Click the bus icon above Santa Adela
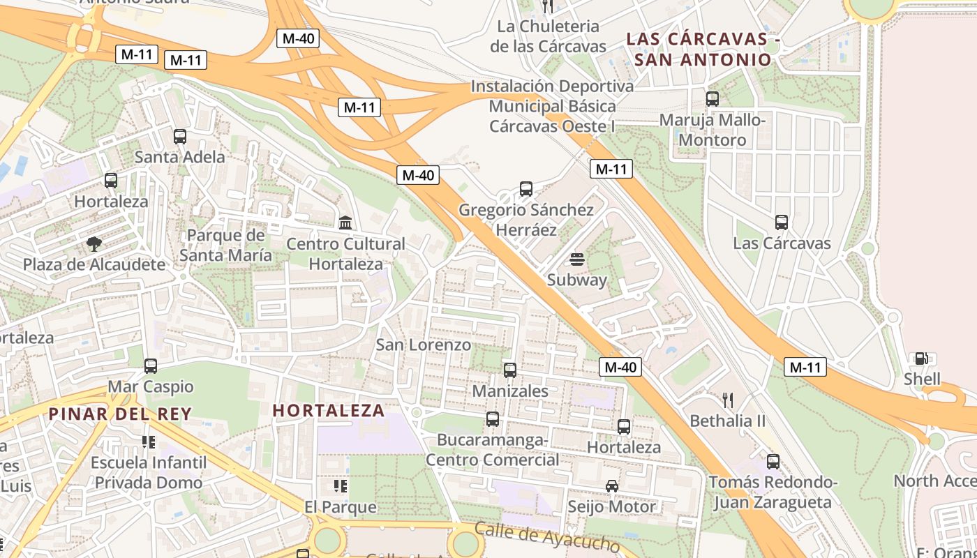(180, 137)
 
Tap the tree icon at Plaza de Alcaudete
(94, 244)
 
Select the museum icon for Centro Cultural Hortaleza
(345, 223)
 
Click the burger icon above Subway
(576, 259)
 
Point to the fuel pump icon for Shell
(921, 359)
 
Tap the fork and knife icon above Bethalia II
(728, 400)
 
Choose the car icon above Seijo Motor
(612, 486)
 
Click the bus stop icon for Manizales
(510, 370)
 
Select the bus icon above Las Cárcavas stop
(782, 223)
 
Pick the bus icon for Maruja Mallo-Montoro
(713, 99)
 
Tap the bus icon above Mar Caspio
(151, 365)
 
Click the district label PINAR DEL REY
(119, 414)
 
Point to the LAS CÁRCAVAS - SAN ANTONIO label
(703, 49)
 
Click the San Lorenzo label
(424, 345)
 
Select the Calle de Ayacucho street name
(546, 537)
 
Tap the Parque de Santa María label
(225, 245)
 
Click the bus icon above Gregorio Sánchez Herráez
(526, 189)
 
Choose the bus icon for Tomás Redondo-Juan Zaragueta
(773, 461)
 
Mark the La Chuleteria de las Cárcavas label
(548, 36)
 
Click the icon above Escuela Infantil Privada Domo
(148, 442)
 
